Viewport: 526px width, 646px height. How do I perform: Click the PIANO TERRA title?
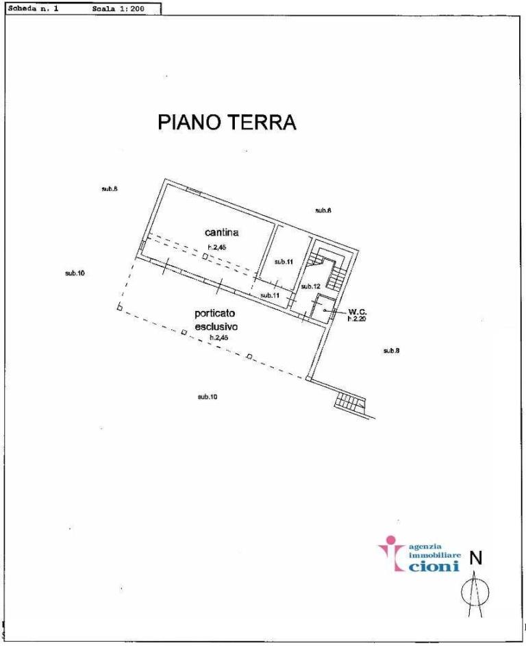[227, 122]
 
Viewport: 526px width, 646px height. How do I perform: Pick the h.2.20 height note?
[358, 319]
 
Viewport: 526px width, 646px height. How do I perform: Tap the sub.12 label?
[311, 286]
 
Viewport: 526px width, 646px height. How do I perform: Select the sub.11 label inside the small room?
[284, 262]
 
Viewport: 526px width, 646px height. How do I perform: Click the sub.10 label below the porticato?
[208, 397]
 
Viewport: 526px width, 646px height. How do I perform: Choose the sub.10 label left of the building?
[75, 273]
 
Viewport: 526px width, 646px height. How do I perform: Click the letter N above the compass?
[476, 559]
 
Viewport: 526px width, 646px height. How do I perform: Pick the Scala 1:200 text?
[117, 10]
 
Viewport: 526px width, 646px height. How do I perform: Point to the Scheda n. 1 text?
[34, 10]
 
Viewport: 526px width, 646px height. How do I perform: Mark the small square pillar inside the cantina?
[204, 256]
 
